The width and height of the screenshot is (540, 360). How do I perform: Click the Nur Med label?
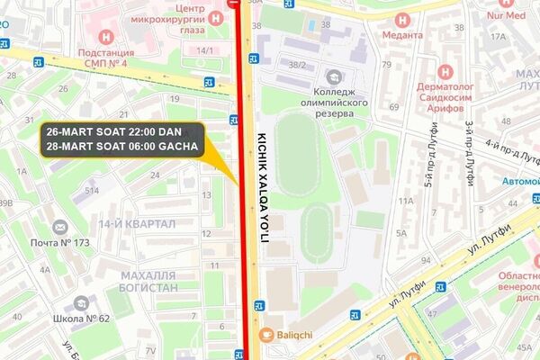[x=507, y=16]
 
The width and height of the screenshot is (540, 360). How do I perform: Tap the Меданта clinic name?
[x=400, y=35]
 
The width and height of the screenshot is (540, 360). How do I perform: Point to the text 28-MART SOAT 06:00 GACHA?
[x=122, y=147]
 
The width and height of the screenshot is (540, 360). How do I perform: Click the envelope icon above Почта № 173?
[x=61, y=227]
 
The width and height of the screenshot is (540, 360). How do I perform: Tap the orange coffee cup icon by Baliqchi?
[x=265, y=335]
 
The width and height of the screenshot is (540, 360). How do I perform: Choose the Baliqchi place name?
[x=293, y=335]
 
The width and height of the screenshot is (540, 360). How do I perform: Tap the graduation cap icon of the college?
[x=335, y=77]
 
